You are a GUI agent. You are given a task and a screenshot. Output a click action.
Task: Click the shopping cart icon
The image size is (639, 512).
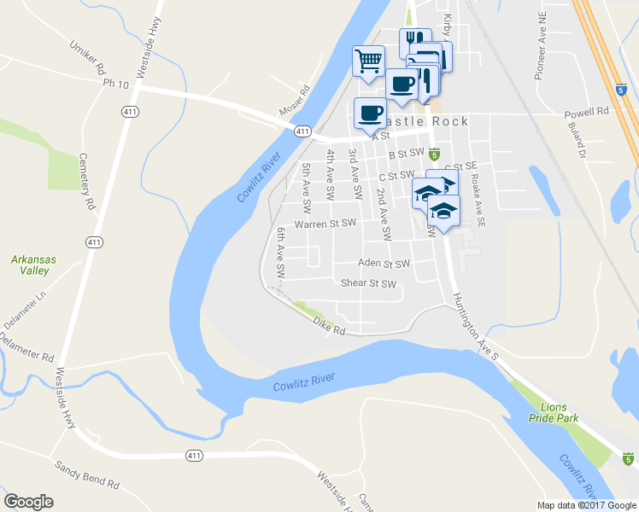coord(368,60)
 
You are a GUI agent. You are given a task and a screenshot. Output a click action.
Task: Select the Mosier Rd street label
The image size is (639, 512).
coord(292,102)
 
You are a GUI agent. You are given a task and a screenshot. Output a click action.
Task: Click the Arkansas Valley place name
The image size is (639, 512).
coord(29,264)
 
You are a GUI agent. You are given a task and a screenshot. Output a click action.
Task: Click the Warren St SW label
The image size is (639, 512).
coord(325,224)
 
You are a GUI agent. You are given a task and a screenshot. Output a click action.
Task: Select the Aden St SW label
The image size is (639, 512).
coord(384,264)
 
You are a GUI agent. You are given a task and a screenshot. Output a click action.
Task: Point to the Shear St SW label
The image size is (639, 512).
coord(369,283)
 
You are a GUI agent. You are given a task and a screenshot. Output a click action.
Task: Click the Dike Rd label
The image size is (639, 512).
coord(328,325)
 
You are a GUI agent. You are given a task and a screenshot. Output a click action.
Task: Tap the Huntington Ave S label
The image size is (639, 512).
coord(475,327)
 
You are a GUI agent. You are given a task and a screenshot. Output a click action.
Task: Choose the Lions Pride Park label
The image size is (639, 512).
coord(560,412)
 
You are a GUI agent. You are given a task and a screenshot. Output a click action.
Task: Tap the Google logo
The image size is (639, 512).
coord(29,502)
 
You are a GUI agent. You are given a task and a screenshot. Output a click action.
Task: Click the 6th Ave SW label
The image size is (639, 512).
coord(280,252)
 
